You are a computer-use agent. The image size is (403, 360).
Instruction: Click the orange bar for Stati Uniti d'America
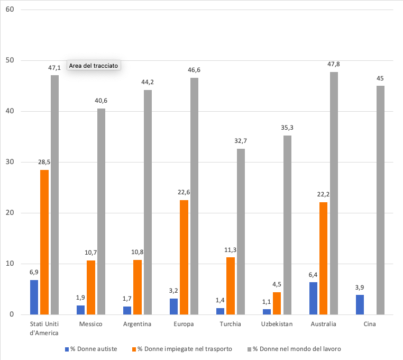[x=44, y=242]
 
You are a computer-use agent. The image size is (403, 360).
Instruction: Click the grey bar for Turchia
[x=241, y=231]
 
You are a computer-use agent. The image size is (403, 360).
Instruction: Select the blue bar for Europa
[x=173, y=307]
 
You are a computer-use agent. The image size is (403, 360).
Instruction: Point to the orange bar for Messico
[x=91, y=287]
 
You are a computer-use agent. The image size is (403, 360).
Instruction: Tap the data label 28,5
[x=44, y=163]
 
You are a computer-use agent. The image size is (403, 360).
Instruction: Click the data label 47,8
[x=334, y=64]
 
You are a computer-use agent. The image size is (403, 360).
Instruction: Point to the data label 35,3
[x=287, y=128]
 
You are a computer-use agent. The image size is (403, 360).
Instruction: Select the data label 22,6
[x=184, y=192]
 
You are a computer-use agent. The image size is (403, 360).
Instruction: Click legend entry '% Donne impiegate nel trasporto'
[x=185, y=349]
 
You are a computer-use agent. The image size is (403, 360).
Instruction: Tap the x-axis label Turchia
[x=231, y=324]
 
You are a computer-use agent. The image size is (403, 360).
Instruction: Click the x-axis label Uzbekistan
[x=277, y=324]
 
